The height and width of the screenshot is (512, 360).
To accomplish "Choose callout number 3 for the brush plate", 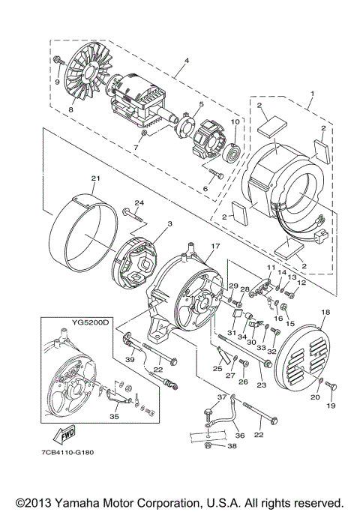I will [x=149, y=224].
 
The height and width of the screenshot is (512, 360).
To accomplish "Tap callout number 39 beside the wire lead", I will [x=130, y=361].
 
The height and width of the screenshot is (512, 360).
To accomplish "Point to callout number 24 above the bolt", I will [x=138, y=203].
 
